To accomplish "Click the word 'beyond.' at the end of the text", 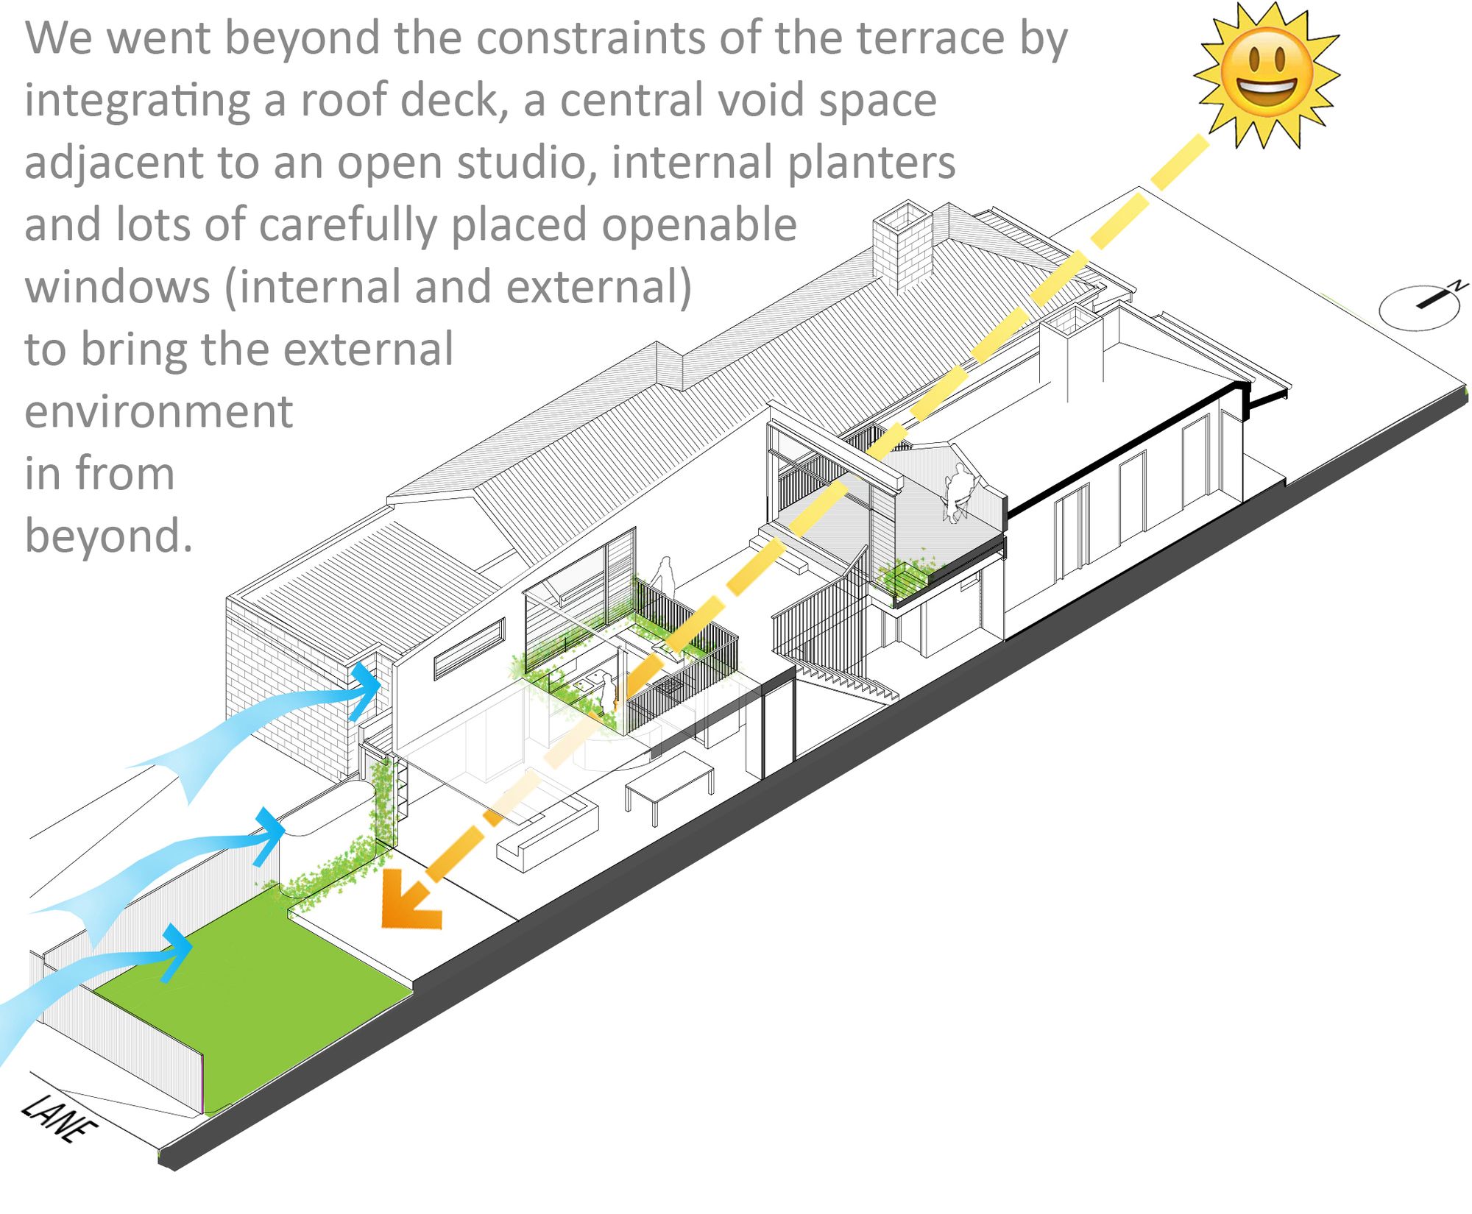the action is (109, 535).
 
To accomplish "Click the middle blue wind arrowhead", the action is (269, 836).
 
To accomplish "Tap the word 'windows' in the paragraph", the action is (118, 286).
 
